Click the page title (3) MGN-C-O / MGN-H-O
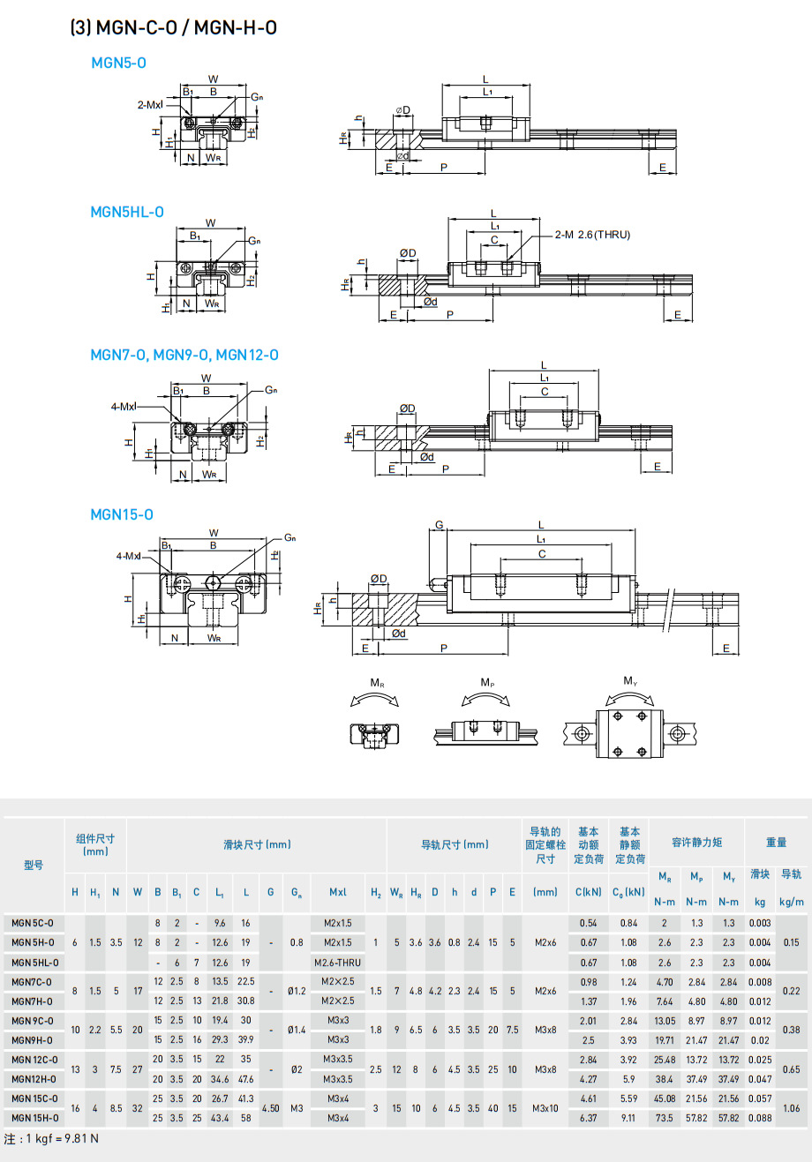click(x=174, y=27)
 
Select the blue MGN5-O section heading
click(x=119, y=63)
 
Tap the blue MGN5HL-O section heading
click(x=127, y=212)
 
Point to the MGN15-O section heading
click(x=122, y=514)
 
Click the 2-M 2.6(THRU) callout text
click(x=592, y=235)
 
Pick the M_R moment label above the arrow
click(x=377, y=683)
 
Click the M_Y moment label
click(x=629, y=680)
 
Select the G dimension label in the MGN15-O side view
click(x=440, y=526)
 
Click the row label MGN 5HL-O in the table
click(x=35, y=963)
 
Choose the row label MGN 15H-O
click(x=35, y=1118)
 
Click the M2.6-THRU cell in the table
click(x=338, y=963)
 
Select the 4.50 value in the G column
click(x=270, y=1108)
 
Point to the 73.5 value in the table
click(x=665, y=1118)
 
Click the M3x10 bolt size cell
click(x=545, y=1108)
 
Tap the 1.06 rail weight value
click(x=791, y=1108)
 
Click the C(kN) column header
click(x=588, y=892)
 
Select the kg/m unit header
click(x=791, y=902)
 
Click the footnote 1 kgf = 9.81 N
click(x=51, y=1139)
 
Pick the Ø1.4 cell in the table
click(x=297, y=1030)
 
